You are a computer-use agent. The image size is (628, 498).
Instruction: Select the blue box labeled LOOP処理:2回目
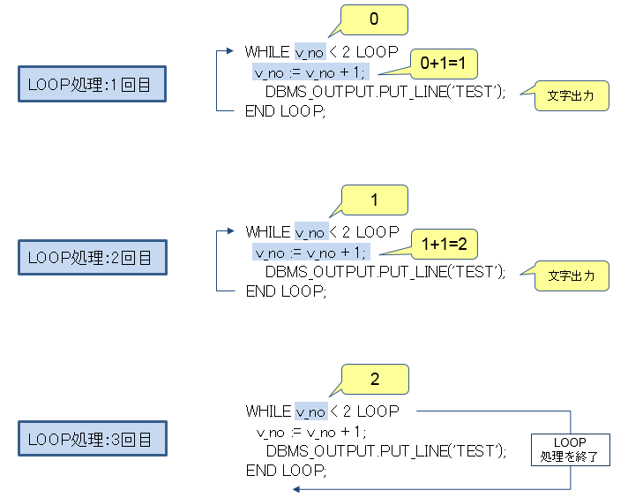pos(92,258)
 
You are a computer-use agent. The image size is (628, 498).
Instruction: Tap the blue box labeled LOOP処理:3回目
pos(92,439)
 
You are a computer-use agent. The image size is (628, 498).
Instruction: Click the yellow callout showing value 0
pos(374,19)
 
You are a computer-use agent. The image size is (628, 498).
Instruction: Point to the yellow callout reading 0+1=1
pos(444,64)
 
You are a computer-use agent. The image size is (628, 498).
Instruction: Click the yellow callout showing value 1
pos(374,200)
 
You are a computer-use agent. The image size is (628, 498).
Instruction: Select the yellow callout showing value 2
pos(374,380)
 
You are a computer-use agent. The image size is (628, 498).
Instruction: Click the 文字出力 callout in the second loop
pos(572,275)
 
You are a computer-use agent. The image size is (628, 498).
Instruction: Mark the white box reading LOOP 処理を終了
pos(570,449)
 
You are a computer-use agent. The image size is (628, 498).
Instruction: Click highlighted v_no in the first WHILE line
pos(310,52)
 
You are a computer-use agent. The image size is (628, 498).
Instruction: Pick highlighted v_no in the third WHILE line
pos(310,411)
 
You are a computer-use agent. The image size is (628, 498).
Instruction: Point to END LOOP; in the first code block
pos(286,110)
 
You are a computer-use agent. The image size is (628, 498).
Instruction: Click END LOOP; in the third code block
pos(286,471)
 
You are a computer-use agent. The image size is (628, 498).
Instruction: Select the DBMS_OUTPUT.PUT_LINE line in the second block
pos(385,272)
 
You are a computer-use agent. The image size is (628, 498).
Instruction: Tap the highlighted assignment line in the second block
pos(309,253)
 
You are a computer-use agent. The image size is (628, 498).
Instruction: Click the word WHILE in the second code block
pos(267,232)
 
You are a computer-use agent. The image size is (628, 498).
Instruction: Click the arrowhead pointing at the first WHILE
pos(235,52)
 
